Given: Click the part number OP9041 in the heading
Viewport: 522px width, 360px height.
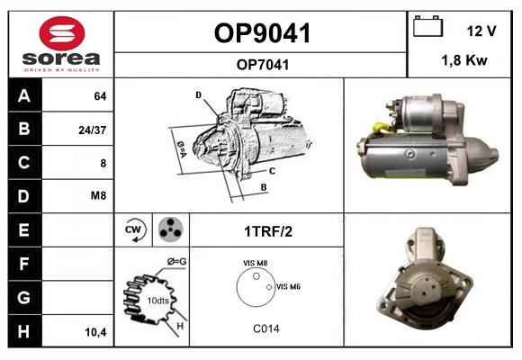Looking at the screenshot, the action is pos(262,33).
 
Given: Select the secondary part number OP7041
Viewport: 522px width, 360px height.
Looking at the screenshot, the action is pos(262,65).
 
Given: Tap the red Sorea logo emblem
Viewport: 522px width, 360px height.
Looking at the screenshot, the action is pos(62,33).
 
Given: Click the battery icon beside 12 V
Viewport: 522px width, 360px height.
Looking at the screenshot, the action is pos(428,26).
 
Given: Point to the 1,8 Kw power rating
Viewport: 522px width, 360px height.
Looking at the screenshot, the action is pos(464,60).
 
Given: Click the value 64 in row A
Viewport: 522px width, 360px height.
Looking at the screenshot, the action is pos(100,96).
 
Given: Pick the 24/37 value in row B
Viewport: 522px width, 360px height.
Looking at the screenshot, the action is pos(92,130).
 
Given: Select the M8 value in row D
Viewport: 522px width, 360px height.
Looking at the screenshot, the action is pos(98,195).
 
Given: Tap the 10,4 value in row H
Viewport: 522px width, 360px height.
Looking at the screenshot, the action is pos(95,332).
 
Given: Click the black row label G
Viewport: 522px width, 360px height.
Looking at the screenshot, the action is pos(24,297).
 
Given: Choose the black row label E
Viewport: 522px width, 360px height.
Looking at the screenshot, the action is pos(24,229).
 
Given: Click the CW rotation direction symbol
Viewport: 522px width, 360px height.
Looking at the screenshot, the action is pos(134,229).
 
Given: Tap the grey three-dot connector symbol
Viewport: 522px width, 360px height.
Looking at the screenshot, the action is pos(171,229).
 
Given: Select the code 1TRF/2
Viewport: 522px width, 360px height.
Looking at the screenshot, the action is pos(268,231).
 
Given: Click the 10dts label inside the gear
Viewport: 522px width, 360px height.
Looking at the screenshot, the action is pos(157,301).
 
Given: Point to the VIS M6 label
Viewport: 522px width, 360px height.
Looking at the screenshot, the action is pos(288,286).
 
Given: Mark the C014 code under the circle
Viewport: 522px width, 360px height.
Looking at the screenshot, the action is pos(266,328).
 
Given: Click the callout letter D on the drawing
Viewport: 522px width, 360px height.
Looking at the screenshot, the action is pos(198,95).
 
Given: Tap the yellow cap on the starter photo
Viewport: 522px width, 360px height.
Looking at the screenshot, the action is pos(379,128).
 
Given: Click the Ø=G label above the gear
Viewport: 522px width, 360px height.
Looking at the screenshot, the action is pos(176,262).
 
